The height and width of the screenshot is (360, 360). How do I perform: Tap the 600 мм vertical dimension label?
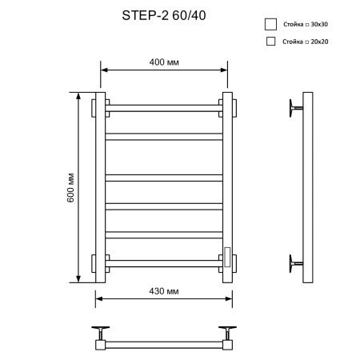(x=70, y=188)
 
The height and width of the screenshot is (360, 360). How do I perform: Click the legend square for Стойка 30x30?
(x=270, y=24)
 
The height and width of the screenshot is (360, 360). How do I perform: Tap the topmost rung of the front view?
(x=164, y=105)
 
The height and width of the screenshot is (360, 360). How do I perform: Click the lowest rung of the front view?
(x=164, y=262)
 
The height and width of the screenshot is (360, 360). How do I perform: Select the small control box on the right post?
(x=228, y=256)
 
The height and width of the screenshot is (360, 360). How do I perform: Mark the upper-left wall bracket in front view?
(x=94, y=106)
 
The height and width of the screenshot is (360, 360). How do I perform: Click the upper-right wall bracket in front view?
(x=234, y=106)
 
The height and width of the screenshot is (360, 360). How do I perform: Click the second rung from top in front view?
(x=164, y=136)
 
